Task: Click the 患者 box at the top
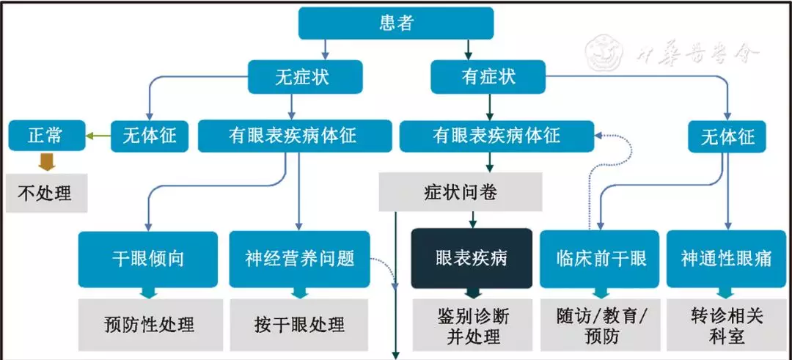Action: (x=396, y=23)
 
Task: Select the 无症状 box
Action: (x=305, y=76)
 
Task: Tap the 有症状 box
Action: (x=488, y=76)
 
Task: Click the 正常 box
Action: (x=45, y=136)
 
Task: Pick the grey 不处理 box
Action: (x=45, y=194)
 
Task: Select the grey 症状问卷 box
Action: (x=461, y=193)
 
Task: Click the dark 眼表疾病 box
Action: (x=471, y=258)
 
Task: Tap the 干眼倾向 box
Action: (x=147, y=259)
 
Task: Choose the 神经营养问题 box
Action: (x=299, y=259)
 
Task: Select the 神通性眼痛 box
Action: (x=726, y=259)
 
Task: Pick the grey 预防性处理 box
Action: (x=149, y=323)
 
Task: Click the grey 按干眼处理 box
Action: (x=299, y=323)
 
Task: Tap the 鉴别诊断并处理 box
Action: (x=473, y=326)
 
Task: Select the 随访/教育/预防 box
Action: (x=598, y=326)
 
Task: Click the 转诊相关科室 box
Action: (x=726, y=326)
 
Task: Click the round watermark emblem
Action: (x=605, y=53)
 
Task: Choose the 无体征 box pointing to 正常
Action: (x=149, y=136)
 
